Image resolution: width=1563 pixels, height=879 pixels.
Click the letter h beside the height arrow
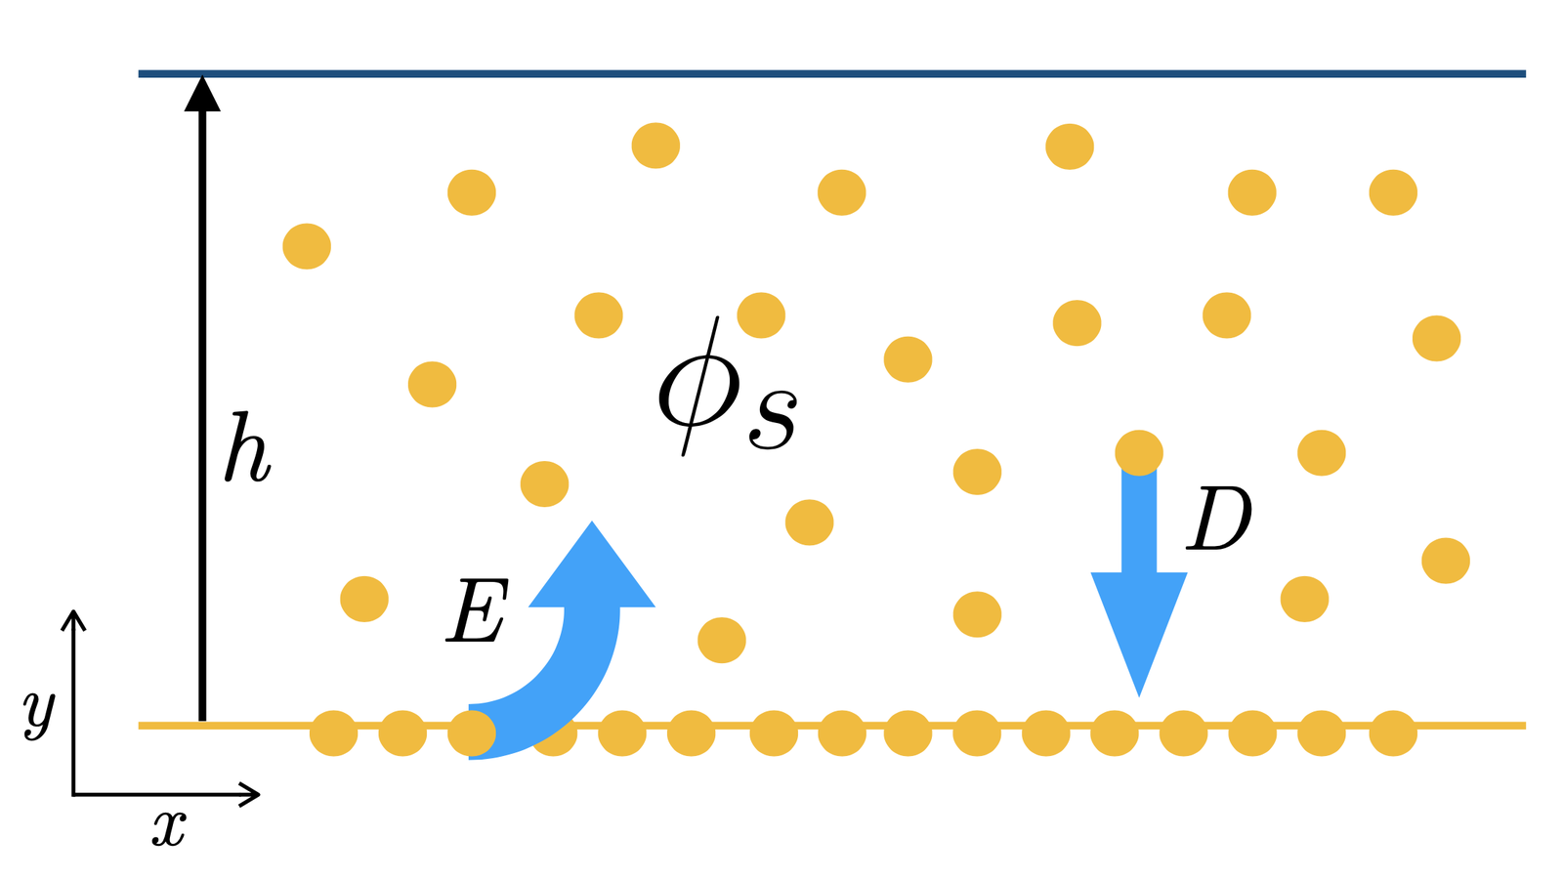pos(247,448)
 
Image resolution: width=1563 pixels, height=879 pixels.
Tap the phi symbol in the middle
pos(698,388)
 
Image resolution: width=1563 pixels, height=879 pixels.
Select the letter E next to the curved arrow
pos(478,610)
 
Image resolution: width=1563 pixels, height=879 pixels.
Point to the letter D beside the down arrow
pos(1219,519)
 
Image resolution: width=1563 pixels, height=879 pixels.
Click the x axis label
pos(170,830)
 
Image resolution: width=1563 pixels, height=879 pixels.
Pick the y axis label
pos(39,715)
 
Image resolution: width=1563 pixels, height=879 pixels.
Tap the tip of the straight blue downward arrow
pos(1139,696)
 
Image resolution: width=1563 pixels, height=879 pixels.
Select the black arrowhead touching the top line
pos(202,94)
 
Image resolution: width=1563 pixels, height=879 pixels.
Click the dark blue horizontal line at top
pos(831,73)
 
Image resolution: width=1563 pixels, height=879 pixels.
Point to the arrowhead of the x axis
pos(250,794)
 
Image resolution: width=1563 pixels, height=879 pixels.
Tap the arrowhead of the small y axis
pos(73,619)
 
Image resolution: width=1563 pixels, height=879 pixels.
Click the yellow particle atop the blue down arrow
pos(1139,453)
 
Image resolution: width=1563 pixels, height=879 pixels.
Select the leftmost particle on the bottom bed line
pos(333,733)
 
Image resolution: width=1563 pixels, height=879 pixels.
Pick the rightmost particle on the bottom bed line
pos(1393,733)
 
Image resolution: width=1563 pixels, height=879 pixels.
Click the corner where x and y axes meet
pos(73,794)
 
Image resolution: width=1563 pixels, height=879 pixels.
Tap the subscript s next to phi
pos(773,419)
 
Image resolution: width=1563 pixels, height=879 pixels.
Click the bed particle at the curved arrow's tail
pos(471,733)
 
